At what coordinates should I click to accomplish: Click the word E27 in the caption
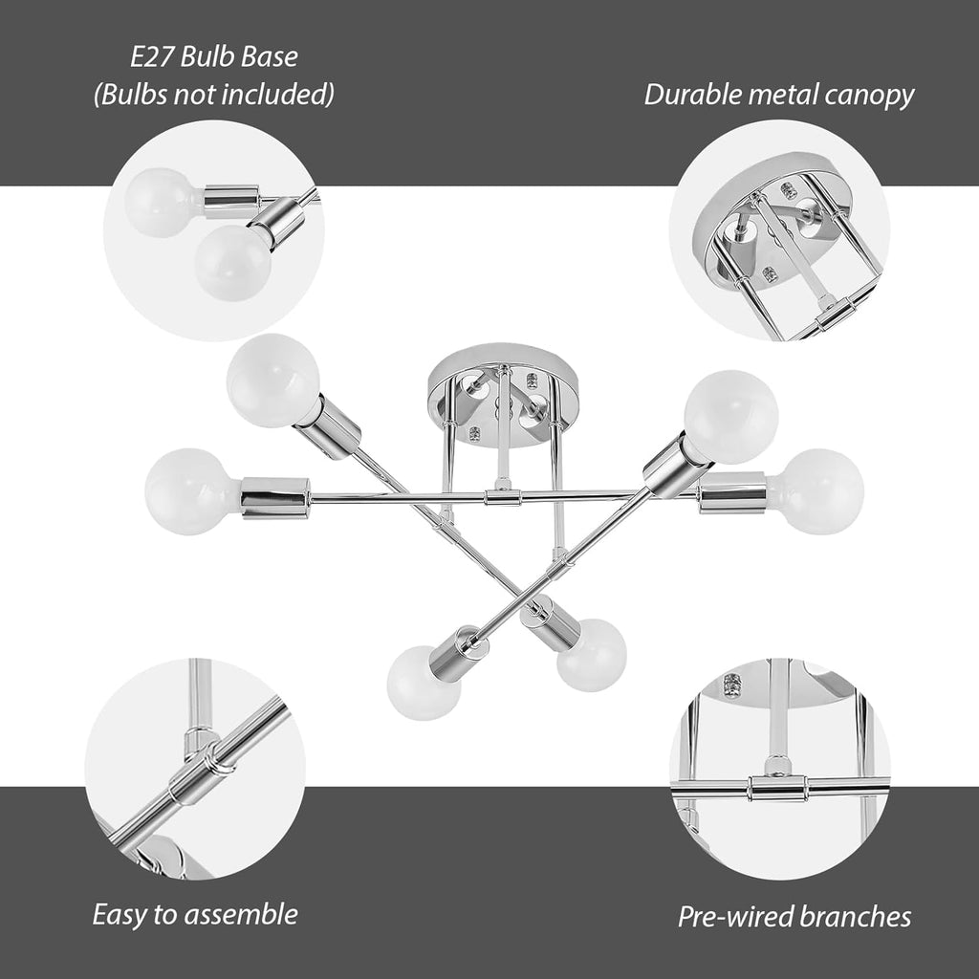[152, 57]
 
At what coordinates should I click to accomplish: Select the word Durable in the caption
[693, 95]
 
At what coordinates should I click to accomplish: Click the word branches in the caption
[855, 917]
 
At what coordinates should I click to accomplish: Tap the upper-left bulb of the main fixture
[274, 381]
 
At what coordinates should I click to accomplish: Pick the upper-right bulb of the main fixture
[730, 417]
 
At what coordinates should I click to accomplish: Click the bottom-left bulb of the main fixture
[424, 683]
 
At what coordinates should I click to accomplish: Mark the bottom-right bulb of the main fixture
[592, 655]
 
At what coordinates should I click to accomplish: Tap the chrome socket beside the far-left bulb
[275, 497]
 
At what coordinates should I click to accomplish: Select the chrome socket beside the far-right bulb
[732, 492]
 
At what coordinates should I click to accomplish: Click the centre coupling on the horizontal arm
[503, 497]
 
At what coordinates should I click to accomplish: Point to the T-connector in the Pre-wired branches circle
[777, 787]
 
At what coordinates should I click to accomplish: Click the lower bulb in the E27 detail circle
[233, 263]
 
